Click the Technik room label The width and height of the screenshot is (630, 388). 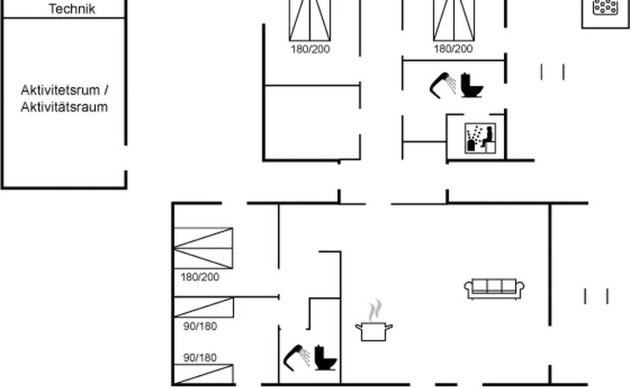pos(72,9)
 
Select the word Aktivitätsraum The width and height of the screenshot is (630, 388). pos(65,108)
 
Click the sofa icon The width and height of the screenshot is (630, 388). pos(495,288)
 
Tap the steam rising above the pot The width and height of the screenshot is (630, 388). pos(375,310)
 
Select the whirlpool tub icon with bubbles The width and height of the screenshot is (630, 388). pos(602,8)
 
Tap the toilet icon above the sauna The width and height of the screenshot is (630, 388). pos(471,85)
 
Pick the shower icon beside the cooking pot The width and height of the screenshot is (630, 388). pos(295,356)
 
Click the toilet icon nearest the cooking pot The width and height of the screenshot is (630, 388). pos(326,357)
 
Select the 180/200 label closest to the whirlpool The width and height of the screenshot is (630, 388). pos(453,49)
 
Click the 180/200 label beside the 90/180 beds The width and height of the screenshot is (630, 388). pos(199,277)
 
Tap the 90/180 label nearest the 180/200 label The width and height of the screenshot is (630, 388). pos(199,326)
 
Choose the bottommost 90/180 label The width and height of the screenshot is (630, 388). pos(199,357)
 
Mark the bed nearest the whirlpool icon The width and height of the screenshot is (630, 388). pos(454,20)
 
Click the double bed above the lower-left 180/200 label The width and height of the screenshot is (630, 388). pos(204,248)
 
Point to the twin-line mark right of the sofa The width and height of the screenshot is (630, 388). pos(596,296)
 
